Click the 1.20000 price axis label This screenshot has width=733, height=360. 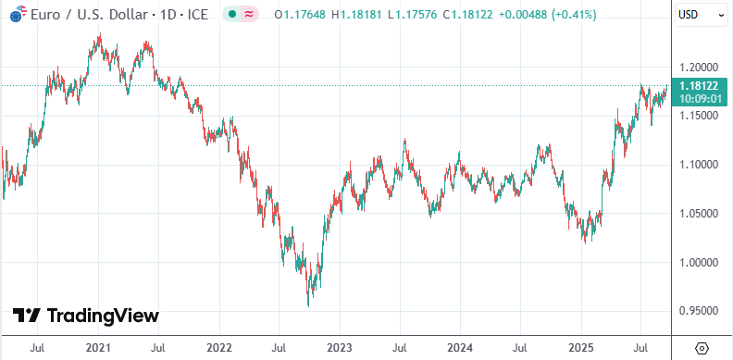pos(699,68)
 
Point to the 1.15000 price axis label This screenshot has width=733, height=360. pos(699,116)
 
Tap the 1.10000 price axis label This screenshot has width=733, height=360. pos(699,165)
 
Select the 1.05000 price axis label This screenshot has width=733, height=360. pos(699,214)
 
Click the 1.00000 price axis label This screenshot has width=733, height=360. pos(699,263)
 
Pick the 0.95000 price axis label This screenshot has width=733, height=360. pos(699,311)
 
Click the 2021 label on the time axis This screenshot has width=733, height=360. pos(99,348)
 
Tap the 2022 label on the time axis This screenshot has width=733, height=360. pos(218,348)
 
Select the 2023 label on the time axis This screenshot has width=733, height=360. pos(339,348)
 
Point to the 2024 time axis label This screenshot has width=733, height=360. pos(460,348)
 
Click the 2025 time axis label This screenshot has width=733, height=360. pos(580,348)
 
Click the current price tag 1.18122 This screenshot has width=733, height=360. pos(699,85)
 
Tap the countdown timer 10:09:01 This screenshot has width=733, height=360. pos(699,97)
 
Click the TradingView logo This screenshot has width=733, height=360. pos(85,316)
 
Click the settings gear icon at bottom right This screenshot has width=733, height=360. pos(702,348)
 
